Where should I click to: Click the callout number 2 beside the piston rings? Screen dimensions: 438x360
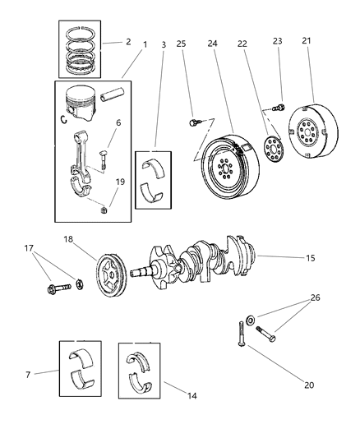[x=127, y=40]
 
